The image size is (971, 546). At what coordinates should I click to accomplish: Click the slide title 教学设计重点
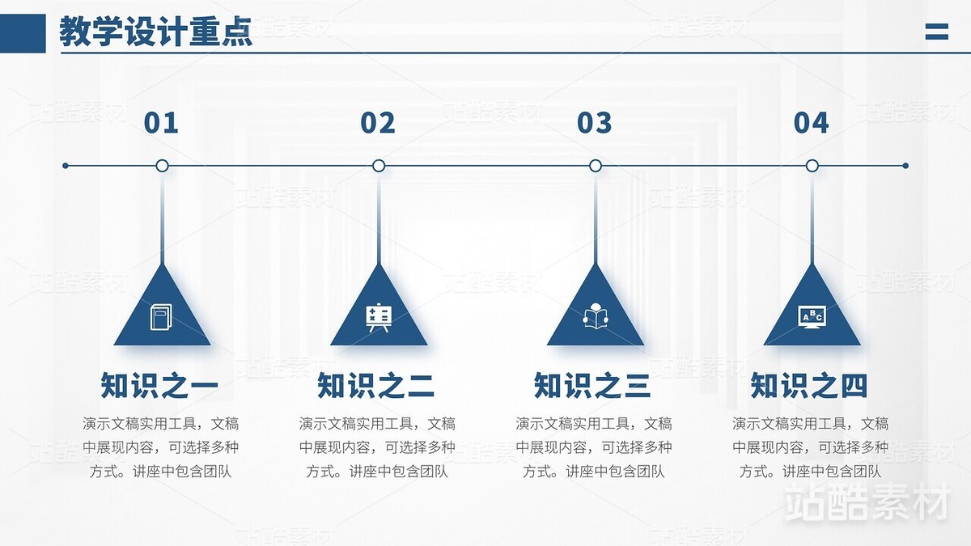pos(155,32)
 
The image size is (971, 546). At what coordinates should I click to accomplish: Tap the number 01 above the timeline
pos(161,123)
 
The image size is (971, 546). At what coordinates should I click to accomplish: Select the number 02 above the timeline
pos(378,123)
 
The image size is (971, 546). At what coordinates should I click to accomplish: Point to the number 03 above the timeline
pos(595,123)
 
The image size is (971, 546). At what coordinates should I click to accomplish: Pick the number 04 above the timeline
pos(812,123)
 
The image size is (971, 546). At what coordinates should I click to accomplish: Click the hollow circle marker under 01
pos(162,166)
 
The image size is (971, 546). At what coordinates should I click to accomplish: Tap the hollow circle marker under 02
pos(379,166)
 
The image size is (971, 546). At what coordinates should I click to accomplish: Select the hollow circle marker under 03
pos(596,166)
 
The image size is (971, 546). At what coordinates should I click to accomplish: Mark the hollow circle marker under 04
pos(812,166)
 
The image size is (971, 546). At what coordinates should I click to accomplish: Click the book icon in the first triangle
pos(162,316)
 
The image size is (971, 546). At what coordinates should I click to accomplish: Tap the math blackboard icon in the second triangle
pos(379,317)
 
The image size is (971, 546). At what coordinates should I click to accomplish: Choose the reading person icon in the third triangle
pos(596,316)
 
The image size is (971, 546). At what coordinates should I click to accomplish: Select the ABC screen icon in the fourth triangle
pos(812,316)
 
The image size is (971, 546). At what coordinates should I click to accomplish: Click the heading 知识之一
pos(159,386)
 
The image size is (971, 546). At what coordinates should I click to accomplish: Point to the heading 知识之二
pos(376,386)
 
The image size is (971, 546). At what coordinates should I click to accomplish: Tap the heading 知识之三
pos(593,386)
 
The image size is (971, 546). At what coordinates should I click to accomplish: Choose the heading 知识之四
pos(809,386)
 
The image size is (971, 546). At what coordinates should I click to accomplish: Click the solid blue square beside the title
pos(23,33)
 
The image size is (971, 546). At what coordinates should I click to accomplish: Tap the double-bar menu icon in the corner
pos(936,32)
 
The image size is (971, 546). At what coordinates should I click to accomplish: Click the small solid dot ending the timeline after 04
pos(905,166)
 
